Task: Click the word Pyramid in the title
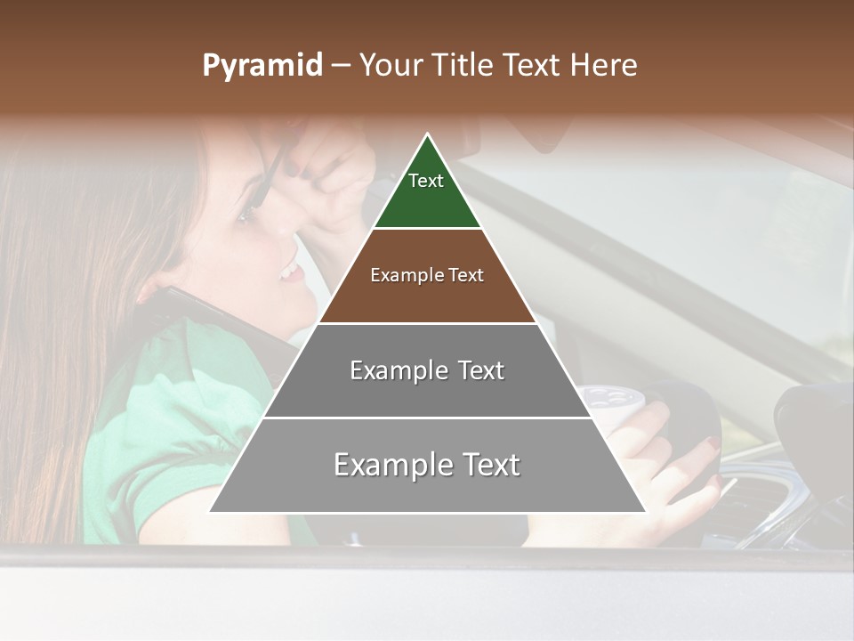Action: [x=262, y=66]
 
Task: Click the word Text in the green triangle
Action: [x=426, y=181]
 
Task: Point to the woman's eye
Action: [x=245, y=215]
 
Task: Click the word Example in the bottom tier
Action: [x=390, y=465]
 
